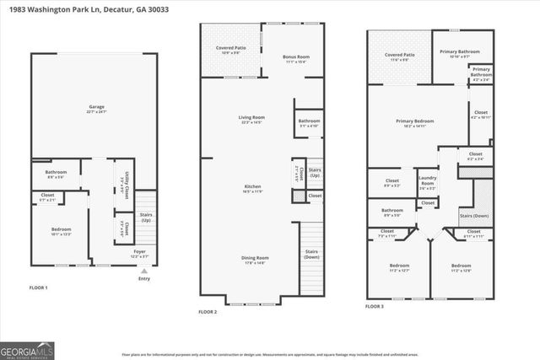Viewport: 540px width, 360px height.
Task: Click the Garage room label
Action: pos(97,108)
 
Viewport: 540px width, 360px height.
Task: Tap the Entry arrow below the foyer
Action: pos(143,271)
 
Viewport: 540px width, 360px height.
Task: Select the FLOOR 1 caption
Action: pos(40,287)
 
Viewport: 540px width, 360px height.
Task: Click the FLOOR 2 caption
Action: pos(208,312)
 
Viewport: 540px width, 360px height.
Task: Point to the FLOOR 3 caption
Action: pos(375,306)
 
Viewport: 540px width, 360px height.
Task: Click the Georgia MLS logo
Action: pos(28,347)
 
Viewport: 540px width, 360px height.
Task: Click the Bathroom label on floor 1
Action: pos(56,175)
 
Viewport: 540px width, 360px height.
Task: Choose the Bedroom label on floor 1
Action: pos(60,231)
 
